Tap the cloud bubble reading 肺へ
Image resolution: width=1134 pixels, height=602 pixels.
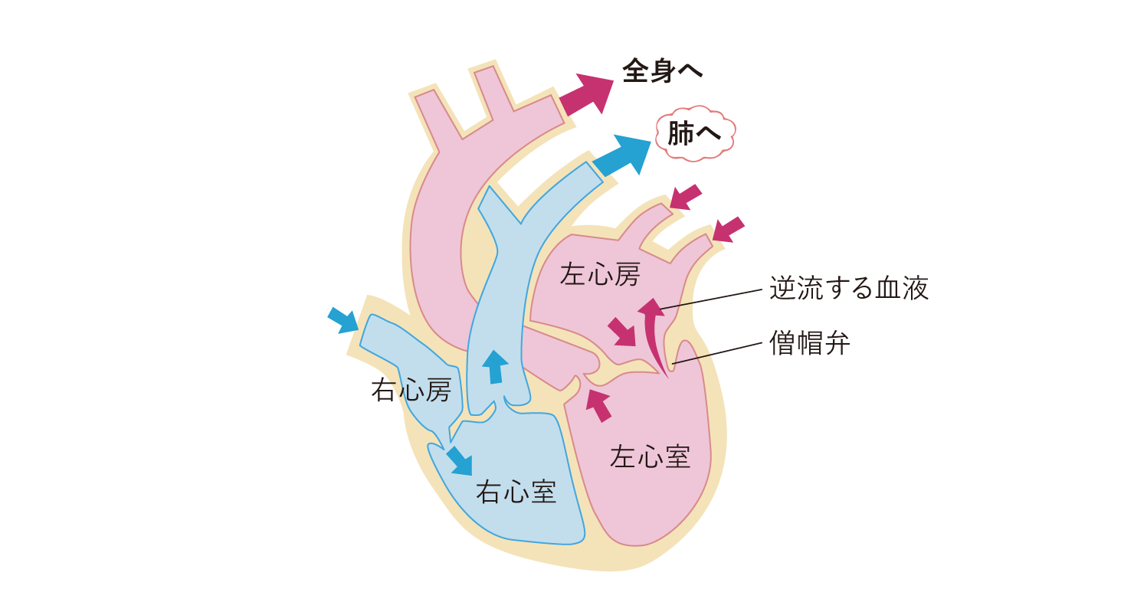click(x=694, y=133)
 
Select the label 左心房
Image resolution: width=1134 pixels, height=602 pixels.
click(x=600, y=274)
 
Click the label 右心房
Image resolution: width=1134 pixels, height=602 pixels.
click(x=411, y=391)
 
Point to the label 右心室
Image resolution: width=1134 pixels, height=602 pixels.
click(x=516, y=492)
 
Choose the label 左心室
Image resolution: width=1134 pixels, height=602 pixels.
click(x=650, y=456)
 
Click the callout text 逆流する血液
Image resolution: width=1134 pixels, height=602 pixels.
click(x=849, y=289)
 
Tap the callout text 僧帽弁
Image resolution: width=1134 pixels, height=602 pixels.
click(x=809, y=343)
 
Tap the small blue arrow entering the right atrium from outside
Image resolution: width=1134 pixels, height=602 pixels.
click(x=342, y=319)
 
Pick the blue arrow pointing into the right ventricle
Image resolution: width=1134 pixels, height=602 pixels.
click(x=460, y=460)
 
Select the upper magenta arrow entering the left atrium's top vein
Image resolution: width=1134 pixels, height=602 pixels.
click(x=685, y=197)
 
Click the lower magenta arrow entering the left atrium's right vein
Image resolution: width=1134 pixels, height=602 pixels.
click(x=727, y=229)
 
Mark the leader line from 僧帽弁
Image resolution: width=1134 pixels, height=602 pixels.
click(x=719, y=353)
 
